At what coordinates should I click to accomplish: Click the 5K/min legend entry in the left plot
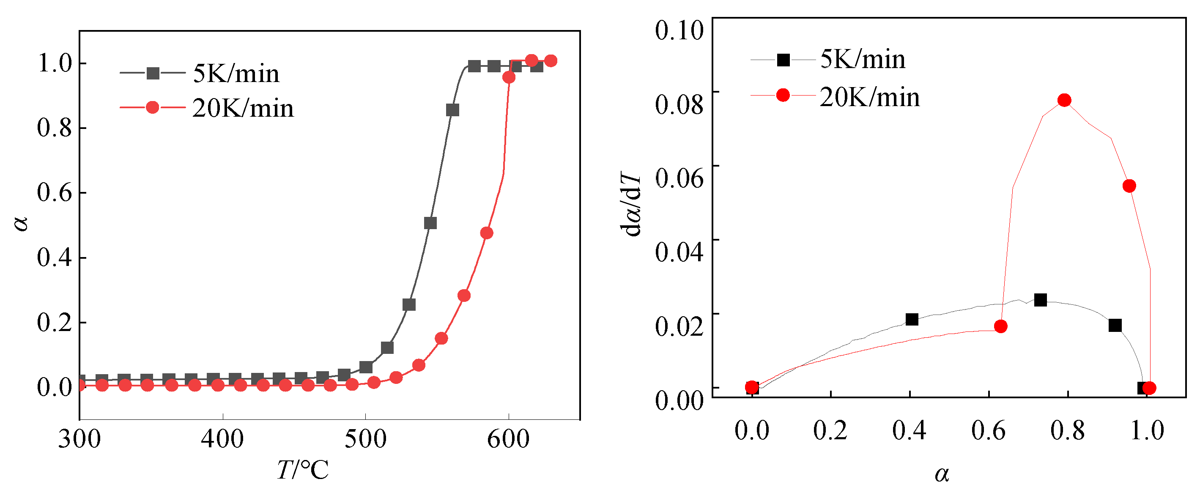[x=236, y=74]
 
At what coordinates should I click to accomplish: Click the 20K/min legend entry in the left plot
[x=242, y=109]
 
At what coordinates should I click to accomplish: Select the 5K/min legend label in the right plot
[x=862, y=60]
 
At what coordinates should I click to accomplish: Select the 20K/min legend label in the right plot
[x=869, y=97]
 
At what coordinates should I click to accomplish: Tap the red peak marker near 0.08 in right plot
[x=1064, y=100]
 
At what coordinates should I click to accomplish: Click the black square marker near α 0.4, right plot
[x=912, y=319]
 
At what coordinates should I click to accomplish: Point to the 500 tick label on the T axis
[x=365, y=439]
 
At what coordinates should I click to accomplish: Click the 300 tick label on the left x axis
[x=79, y=439]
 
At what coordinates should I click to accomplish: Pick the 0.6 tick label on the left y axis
[x=55, y=192]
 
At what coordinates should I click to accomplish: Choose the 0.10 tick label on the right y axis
[x=679, y=30]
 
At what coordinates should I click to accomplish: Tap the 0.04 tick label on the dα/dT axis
[x=679, y=252]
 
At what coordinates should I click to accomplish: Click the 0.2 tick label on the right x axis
[x=830, y=430]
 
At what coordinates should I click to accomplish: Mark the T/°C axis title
[x=303, y=470]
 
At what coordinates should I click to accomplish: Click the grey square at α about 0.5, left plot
[x=430, y=223]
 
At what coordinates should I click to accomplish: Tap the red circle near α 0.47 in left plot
[x=486, y=233]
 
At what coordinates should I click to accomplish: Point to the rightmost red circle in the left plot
[x=551, y=60]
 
